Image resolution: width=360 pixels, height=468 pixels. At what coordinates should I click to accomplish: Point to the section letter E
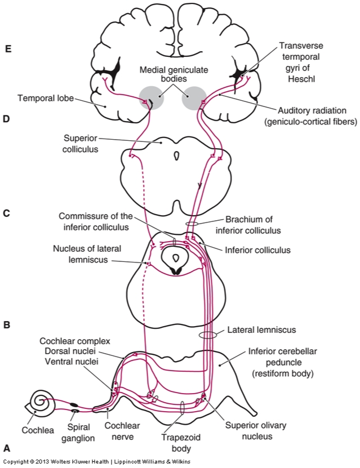7,49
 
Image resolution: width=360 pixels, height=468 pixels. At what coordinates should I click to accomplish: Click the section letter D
7,119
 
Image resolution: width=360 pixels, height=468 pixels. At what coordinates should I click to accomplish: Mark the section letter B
7,325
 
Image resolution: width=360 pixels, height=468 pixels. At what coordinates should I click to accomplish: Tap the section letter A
7,449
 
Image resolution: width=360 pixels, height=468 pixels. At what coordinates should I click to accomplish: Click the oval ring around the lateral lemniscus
207,335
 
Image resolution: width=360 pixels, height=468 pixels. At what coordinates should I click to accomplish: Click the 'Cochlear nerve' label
123,431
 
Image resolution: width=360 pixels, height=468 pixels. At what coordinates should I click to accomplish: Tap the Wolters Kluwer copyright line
96,462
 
